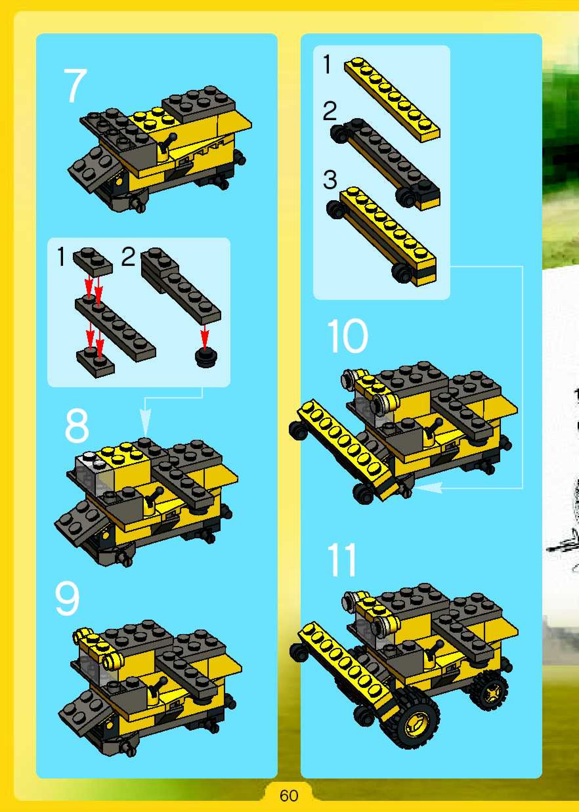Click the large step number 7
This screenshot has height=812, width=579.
75,86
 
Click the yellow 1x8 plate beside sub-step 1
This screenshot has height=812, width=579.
392,99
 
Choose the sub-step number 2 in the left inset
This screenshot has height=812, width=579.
128,257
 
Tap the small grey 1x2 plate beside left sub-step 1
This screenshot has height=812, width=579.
93,261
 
